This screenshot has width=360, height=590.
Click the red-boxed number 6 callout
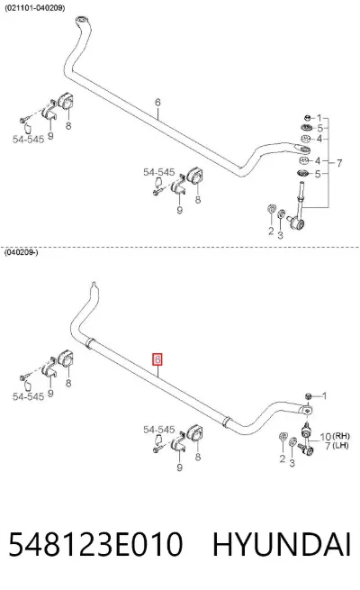157,359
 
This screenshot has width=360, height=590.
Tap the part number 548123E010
95,544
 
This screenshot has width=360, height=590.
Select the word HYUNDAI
282,544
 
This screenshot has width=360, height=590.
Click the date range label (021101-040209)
34,8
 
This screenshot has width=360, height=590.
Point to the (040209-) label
21,252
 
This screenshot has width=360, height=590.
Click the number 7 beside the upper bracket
339,163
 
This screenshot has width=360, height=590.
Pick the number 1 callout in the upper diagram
319,118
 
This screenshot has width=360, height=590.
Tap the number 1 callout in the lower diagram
324,395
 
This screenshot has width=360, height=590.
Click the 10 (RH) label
335,437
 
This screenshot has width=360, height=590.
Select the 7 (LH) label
337,446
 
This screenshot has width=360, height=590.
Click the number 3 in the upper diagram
280,235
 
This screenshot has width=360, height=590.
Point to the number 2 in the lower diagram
283,458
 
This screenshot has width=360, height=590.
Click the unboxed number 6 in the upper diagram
157,102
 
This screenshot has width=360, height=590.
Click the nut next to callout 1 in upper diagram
307,118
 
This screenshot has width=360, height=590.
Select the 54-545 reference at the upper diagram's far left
28,139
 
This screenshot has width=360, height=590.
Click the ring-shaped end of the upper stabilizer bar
82,20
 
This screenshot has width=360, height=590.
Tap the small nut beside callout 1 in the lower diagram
308,395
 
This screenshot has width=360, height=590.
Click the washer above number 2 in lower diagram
283,437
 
